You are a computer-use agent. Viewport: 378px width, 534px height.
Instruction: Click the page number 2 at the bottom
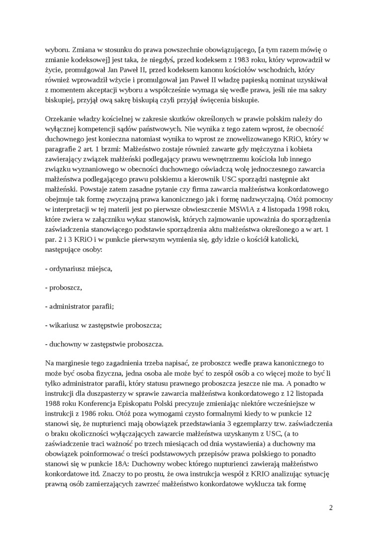point(331,508)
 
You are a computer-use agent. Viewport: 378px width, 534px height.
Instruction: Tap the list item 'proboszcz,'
point(64,288)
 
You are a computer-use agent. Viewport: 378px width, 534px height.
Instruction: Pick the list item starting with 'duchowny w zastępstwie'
point(104,344)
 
